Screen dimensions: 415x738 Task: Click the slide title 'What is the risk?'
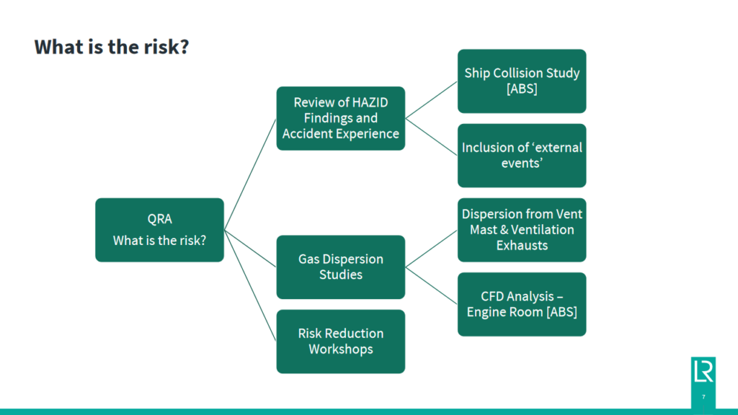tap(112, 48)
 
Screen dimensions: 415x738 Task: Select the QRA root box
tap(159, 230)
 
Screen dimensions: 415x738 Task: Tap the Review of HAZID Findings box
tap(341, 118)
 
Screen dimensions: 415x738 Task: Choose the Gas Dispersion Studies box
tap(341, 267)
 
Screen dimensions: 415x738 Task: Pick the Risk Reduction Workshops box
tap(341, 341)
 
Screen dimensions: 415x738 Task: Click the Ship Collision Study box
tap(522, 81)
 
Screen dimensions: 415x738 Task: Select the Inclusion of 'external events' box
tap(522, 155)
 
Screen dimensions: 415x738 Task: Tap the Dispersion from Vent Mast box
tap(522, 229)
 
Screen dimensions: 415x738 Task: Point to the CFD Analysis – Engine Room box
tap(522, 304)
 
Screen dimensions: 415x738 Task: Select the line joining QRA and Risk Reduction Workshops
tap(250, 285)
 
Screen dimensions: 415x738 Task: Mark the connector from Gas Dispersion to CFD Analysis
tap(431, 285)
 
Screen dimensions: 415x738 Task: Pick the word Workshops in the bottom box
tap(341, 349)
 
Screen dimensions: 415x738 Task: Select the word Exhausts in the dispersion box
tap(522, 245)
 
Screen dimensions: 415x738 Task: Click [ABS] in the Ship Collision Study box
tap(522, 89)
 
